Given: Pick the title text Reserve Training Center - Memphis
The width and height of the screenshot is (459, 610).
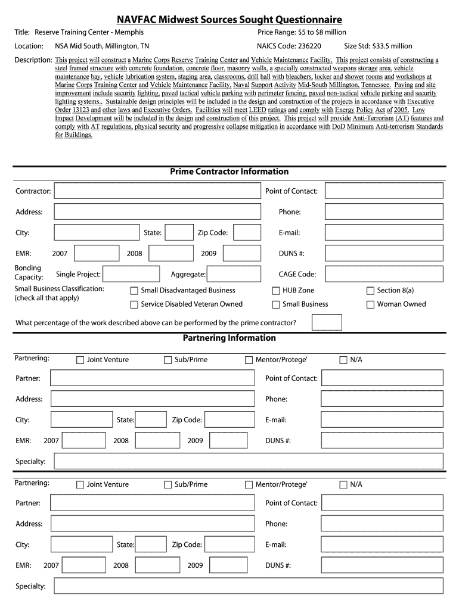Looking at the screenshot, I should pyautogui.click(x=89, y=32).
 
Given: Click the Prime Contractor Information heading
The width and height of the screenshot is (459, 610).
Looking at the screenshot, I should pyautogui.click(x=229, y=172).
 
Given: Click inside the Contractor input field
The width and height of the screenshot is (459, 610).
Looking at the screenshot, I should pyautogui.click(x=157, y=191).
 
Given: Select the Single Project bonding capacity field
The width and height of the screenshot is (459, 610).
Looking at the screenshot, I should pyautogui.click(x=131, y=274).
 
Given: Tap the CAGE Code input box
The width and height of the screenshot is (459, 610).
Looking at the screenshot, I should pyautogui.click(x=383, y=274).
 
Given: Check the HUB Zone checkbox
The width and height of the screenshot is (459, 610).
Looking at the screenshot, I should pyautogui.click(x=276, y=291).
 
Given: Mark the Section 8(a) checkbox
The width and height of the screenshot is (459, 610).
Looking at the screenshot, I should pyautogui.click(x=370, y=291).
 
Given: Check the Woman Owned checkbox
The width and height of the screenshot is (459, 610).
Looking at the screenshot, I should pyautogui.click(x=370, y=304).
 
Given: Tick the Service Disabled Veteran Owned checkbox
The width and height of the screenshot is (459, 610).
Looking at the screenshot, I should pyautogui.click(x=134, y=304).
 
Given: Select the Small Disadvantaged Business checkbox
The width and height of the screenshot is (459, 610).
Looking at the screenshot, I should pyautogui.click(x=134, y=291).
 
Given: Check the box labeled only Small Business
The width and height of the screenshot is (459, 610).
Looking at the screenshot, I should pyautogui.click(x=276, y=304).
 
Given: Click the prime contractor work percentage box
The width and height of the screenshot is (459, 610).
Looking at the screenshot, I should pyautogui.click(x=327, y=322).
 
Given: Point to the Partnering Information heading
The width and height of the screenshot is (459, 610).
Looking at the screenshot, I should pyautogui.click(x=229, y=338).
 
